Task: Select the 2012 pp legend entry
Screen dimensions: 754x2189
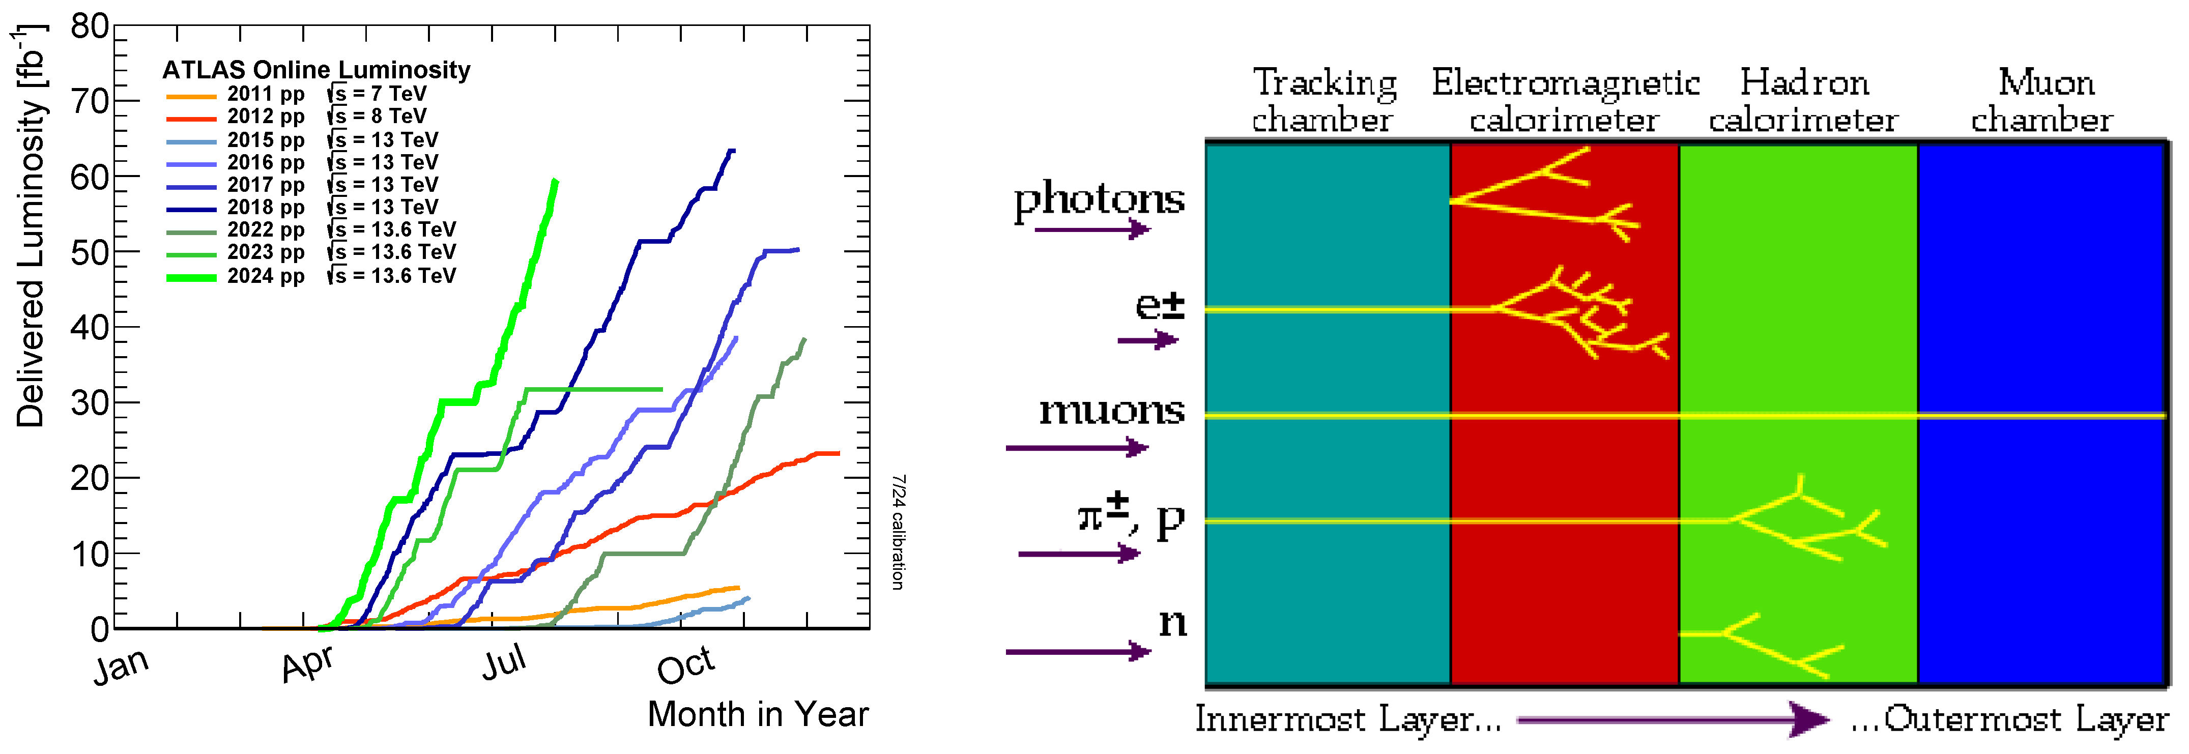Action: coord(265,117)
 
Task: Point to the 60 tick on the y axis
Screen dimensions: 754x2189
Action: coord(89,178)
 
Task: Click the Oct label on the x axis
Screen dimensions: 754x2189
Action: coord(685,665)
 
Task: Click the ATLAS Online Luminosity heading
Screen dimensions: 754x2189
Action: coord(316,70)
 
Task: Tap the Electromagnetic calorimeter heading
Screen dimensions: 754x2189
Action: coord(1565,100)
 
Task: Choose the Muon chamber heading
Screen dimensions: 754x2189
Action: coord(2043,100)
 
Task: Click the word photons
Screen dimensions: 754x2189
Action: coord(1099,200)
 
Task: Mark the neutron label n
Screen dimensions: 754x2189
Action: coord(1173,622)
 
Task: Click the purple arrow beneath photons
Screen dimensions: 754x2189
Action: coord(1092,228)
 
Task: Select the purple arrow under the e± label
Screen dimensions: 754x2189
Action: coord(1147,340)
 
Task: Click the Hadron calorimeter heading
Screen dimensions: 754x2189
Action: coord(1803,100)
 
